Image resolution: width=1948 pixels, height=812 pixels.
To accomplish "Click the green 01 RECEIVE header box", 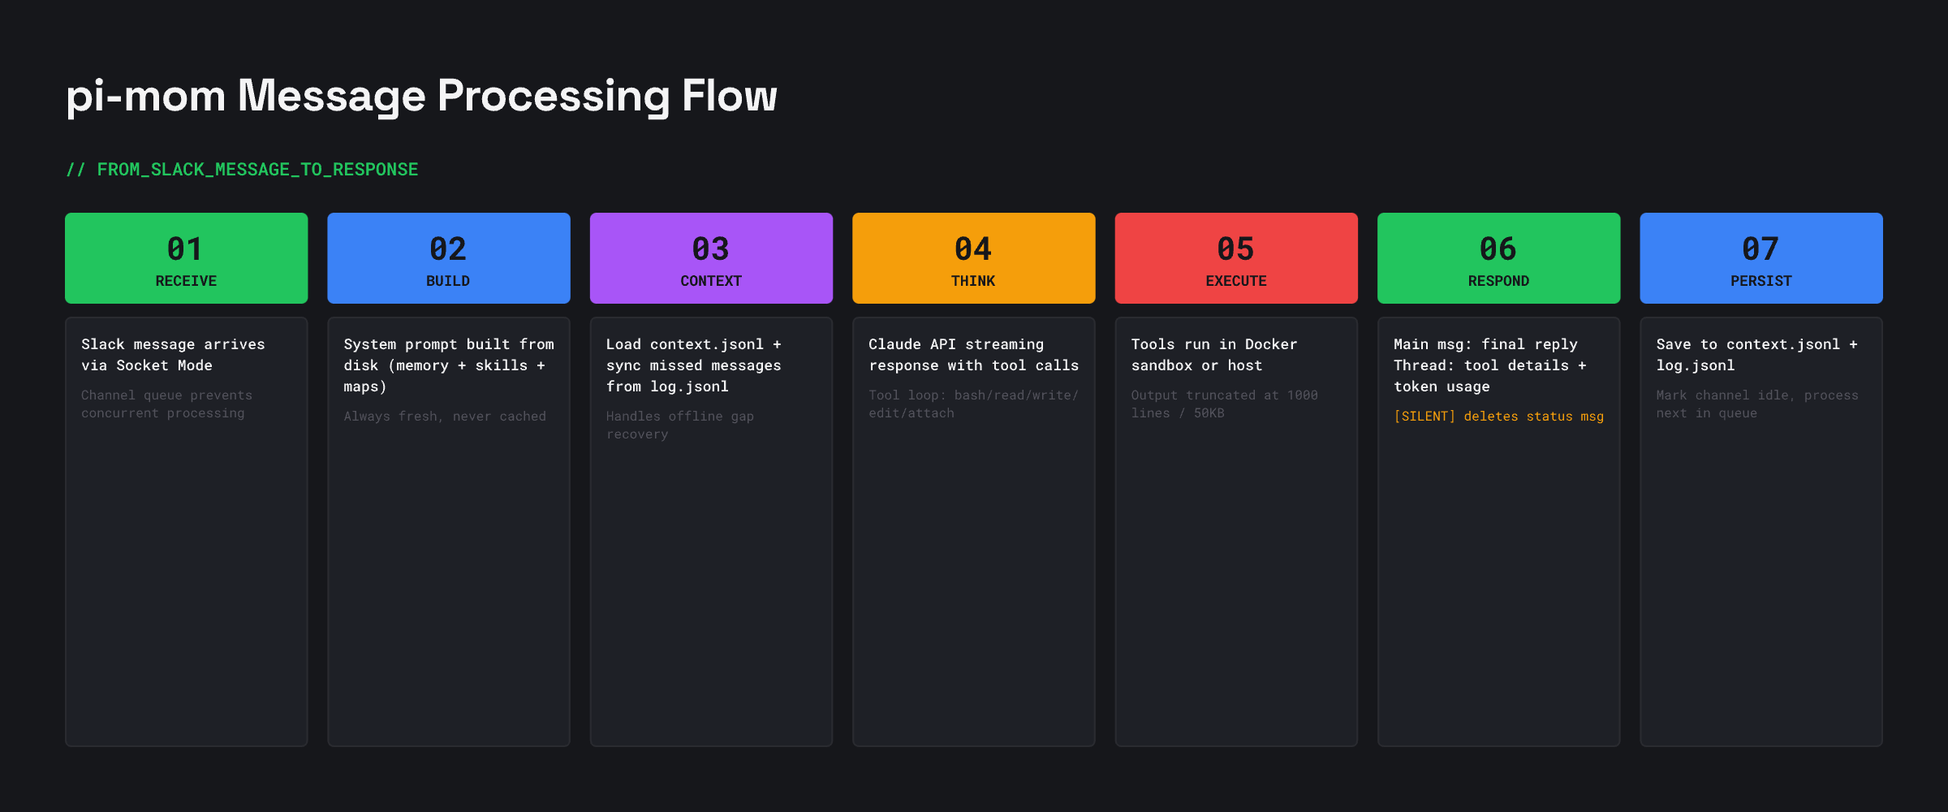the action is click(x=186, y=258).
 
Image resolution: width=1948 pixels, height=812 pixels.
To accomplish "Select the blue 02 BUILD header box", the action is click(x=448, y=258).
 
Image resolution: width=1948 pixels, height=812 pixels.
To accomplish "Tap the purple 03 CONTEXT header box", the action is click(x=711, y=258).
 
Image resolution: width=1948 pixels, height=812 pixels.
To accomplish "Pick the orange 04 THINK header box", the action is click(x=973, y=258).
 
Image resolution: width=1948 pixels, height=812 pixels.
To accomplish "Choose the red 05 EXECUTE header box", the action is click(x=1235, y=258).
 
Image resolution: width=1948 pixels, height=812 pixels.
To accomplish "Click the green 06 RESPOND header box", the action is click(x=1498, y=258).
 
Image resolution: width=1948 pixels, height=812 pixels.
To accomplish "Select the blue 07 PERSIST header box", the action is click(x=1761, y=258).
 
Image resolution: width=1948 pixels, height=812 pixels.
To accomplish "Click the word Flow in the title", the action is click(x=729, y=96).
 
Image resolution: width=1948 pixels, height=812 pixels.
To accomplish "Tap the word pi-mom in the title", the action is click(x=145, y=96).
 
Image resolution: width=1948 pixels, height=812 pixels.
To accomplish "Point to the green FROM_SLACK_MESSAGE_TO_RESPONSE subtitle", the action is click(x=256, y=170).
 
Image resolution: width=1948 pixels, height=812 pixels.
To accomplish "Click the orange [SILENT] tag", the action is click(x=1424, y=417).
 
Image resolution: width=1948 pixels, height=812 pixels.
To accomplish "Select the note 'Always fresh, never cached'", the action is click(x=445, y=417).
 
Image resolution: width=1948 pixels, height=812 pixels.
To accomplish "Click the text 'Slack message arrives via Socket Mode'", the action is click(x=173, y=355).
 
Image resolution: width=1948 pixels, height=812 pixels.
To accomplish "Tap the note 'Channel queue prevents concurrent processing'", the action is click(x=166, y=404).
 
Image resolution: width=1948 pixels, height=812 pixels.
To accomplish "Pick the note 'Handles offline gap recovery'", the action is click(x=679, y=425).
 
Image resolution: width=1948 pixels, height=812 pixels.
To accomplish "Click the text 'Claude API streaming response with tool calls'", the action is click(x=973, y=355).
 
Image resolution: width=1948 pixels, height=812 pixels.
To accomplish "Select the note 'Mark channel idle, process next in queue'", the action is click(x=1756, y=404).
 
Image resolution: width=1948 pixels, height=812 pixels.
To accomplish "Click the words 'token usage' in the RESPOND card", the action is click(x=1442, y=387).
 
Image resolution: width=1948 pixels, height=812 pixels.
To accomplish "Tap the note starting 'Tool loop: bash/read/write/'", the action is click(x=973, y=404).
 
